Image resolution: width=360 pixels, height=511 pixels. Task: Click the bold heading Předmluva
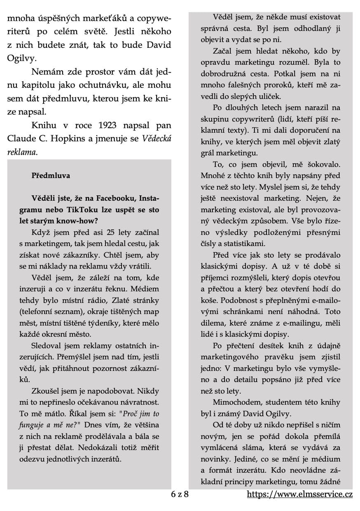click(x=51, y=176)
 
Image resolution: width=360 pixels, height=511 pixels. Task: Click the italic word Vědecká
click(x=157, y=138)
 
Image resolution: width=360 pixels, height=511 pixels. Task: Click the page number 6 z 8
click(x=180, y=494)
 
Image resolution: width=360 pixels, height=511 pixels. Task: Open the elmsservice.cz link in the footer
click(x=300, y=494)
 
